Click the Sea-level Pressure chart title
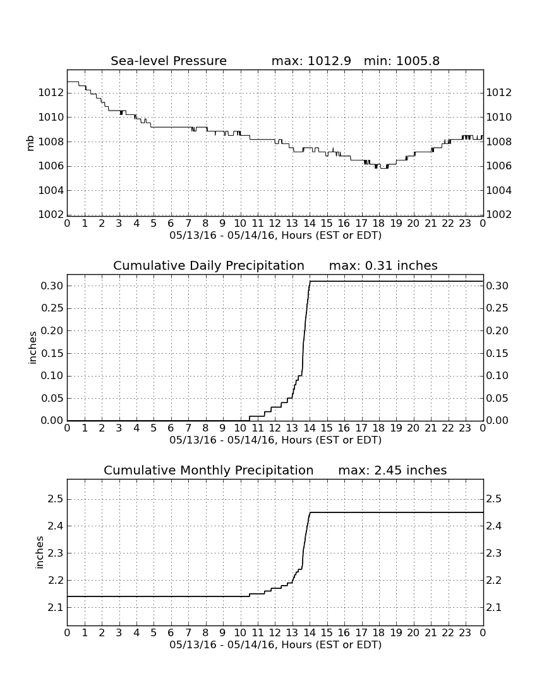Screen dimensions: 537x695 point(169,61)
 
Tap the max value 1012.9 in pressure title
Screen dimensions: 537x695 point(329,61)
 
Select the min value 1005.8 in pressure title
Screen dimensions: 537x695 point(418,61)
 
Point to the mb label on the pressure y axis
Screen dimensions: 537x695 point(30,142)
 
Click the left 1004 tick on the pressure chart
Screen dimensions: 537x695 point(51,191)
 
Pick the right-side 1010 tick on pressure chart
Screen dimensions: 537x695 point(499,117)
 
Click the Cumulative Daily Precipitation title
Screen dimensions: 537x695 point(208,265)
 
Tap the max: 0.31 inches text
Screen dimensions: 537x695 point(383,265)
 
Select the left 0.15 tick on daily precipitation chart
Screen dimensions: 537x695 point(52,353)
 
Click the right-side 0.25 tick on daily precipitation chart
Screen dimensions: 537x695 point(497,308)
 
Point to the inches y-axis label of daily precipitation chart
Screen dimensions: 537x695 point(32,348)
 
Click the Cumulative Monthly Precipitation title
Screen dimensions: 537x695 point(208,470)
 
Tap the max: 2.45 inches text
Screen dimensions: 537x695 point(392,470)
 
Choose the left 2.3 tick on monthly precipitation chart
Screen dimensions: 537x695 point(56,553)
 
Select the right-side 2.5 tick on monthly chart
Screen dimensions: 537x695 point(494,499)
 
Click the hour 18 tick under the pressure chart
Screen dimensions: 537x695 point(379,223)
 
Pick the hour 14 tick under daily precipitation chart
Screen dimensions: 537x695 point(310,428)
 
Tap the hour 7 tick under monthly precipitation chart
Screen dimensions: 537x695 point(188,632)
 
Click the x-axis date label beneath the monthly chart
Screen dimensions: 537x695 point(275,644)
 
